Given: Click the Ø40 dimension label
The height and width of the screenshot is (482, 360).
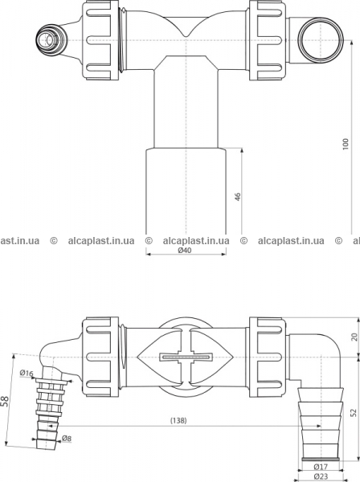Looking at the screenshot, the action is (185, 250).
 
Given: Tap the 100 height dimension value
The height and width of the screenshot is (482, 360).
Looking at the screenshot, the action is (346, 144).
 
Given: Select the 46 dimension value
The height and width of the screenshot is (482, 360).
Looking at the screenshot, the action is (238, 197).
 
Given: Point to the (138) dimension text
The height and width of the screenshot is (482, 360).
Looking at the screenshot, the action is (178, 420).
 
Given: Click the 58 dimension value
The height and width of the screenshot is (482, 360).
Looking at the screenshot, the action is (6, 401).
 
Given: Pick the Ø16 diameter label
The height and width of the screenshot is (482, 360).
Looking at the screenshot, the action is (27, 374).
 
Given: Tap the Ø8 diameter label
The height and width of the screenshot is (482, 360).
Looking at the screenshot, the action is (67, 439).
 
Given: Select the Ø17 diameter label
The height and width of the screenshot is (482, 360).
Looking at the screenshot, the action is (321, 467).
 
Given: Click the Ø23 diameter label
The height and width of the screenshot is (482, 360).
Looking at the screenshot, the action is (321, 476).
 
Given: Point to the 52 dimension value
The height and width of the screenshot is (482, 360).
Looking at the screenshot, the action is (354, 413).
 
